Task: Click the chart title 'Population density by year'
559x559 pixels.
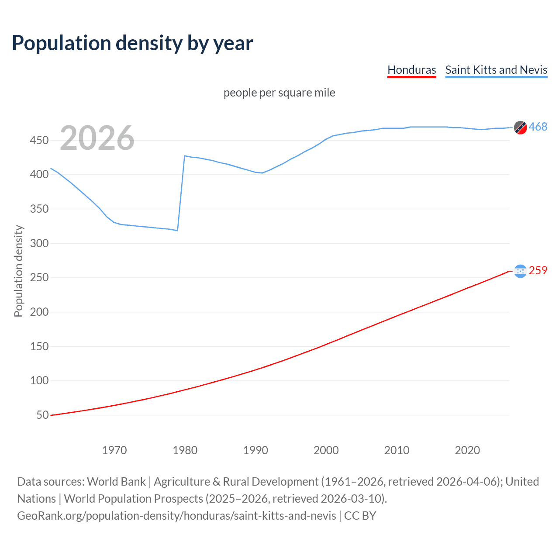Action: (x=132, y=43)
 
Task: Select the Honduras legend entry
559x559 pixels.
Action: (x=411, y=70)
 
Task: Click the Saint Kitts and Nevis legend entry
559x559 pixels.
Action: (x=496, y=70)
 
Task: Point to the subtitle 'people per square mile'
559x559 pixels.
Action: (x=279, y=93)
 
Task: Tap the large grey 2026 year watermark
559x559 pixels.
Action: (x=97, y=138)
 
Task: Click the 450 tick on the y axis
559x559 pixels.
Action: (x=39, y=140)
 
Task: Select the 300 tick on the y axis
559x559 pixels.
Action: (x=39, y=243)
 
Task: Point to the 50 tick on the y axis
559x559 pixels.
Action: (x=42, y=415)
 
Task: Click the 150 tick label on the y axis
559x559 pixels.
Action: (x=39, y=346)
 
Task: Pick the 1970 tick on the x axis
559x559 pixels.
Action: (x=114, y=450)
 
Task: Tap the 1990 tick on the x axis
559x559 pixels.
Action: (x=255, y=450)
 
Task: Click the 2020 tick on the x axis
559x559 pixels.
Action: (x=467, y=450)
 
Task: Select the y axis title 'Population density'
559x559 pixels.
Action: (x=18, y=271)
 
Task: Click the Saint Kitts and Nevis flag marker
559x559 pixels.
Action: (x=520, y=127)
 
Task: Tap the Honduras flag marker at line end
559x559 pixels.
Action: (x=520, y=271)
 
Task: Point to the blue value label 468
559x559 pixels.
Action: (x=538, y=127)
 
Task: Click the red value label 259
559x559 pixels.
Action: (x=538, y=271)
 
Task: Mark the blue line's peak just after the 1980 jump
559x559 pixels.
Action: (x=185, y=156)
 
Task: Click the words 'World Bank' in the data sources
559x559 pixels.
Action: (x=116, y=482)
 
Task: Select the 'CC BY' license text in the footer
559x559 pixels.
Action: (x=360, y=516)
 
